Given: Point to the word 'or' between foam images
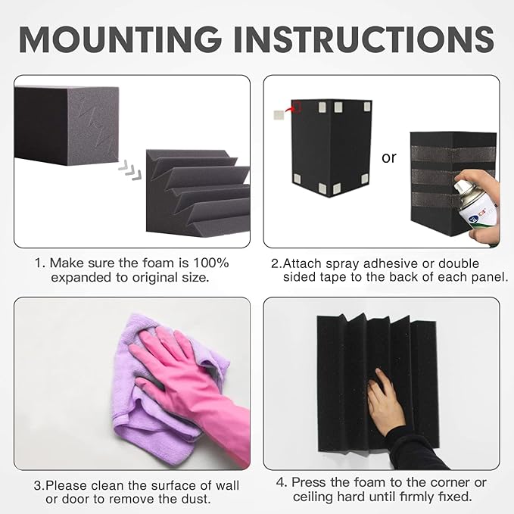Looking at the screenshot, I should point(389,158).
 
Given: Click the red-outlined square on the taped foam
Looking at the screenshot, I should point(295,107).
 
